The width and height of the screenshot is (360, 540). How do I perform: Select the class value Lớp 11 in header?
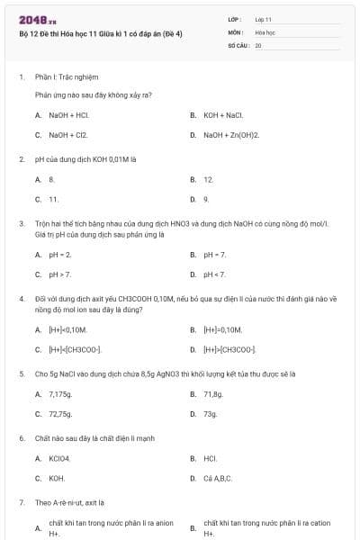pos(264,19)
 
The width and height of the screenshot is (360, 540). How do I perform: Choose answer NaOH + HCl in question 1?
pos(68,115)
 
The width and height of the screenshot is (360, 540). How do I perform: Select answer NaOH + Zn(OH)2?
pos(230,135)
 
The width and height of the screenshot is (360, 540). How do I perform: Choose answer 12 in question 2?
pos(208,179)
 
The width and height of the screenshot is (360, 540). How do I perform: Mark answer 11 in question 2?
pos(54,199)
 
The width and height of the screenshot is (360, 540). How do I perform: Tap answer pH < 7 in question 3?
pos(214,274)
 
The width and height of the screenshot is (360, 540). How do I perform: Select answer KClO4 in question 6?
pos(59,458)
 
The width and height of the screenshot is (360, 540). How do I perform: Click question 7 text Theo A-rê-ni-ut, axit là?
pos(70,502)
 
